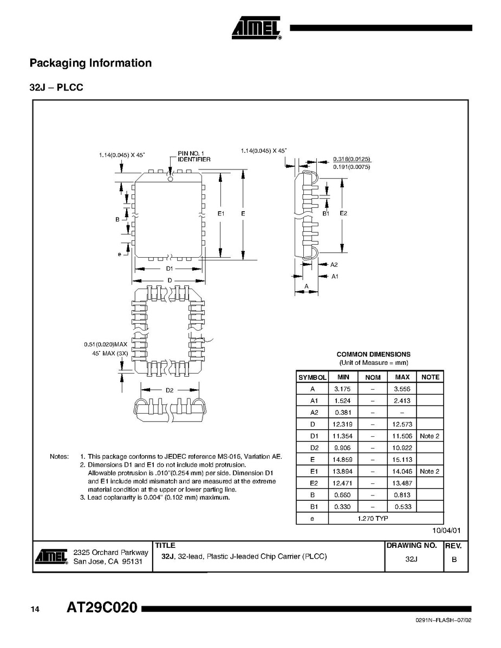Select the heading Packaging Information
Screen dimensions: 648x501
(x=90, y=63)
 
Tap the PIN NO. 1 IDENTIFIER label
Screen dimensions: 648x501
(x=194, y=156)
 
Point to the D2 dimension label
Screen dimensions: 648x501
(x=169, y=390)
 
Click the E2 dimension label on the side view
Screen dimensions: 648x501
(x=343, y=213)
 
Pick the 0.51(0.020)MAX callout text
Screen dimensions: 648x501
(x=105, y=344)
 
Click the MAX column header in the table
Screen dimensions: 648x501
(x=402, y=377)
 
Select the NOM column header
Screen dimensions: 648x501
(x=373, y=377)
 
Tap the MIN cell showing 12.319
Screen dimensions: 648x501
(x=343, y=424)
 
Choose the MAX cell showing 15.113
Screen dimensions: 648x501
(x=402, y=460)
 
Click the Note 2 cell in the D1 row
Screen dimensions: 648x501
(x=430, y=436)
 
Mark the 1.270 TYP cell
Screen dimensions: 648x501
(x=373, y=518)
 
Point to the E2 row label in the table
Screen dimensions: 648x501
(x=313, y=483)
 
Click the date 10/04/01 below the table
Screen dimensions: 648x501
(x=446, y=531)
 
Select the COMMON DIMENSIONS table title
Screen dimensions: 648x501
(x=373, y=354)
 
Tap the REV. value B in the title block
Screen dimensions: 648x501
(x=454, y=559)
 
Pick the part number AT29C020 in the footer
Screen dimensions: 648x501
(x=102, y=608)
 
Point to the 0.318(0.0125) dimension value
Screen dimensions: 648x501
(x=352, y=159)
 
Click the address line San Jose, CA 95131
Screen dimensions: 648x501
(x=108, y=562)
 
